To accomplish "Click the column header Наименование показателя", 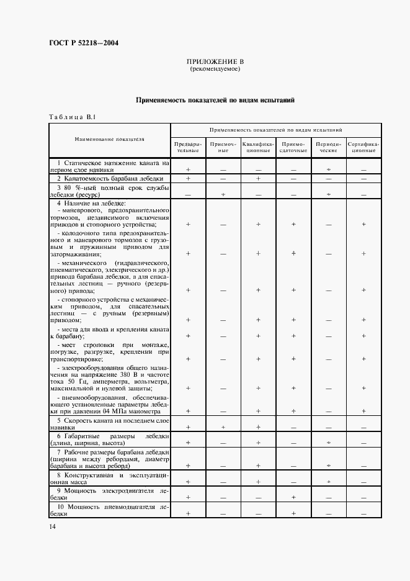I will click(109, 140).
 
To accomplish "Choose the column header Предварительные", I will click(187, 147).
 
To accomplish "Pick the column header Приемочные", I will click(223, 147).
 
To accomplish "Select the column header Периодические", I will click(328, 147).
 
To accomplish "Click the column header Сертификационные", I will click(363, 147).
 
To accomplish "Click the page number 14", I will click(51, 526).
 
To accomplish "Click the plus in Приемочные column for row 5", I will click(223, 428).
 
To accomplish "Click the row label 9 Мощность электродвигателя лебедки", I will click(109, 493).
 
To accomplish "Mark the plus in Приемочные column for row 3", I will click(223, 194).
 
